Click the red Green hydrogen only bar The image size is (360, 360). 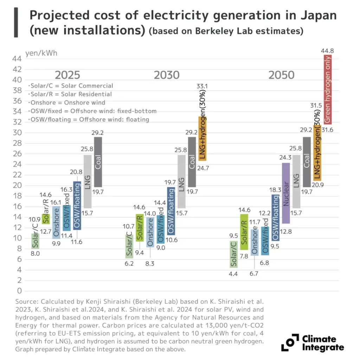click(328, 89)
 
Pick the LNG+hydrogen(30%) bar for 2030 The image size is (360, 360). click(202, 139)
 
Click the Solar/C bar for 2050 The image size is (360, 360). click(234, 254)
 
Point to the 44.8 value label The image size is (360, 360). click(327, 51)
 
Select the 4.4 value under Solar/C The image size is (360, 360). click(233, 274)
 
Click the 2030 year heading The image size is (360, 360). click(167, 75)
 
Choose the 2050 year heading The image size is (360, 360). click(282, 75)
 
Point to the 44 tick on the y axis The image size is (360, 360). click(17, 59)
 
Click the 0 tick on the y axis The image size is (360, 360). click(20, 291)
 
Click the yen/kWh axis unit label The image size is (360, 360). click(41, 53)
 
